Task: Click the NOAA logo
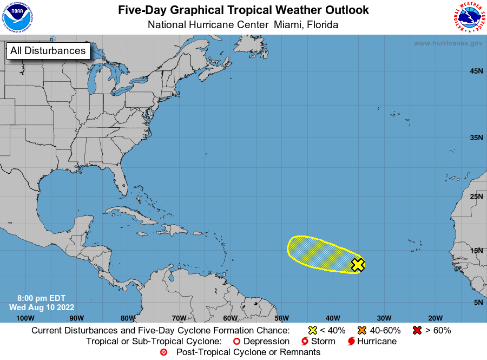click(17, 17)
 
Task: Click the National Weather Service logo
click(468, 17)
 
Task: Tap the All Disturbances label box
click(48, 51)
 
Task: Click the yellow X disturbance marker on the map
click(358, 265)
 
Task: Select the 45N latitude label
click(476, 71)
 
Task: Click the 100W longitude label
click(25, 318)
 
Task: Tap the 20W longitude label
click(435, 318)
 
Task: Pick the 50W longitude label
click(281, 318)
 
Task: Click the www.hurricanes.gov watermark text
click(448, 43)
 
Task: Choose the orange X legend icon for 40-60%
click(362, 330)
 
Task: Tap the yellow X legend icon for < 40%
click(312, 330)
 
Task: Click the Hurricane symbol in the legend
click(352, 342)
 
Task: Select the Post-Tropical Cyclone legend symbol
click(163, 352)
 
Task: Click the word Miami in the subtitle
click(288, 25)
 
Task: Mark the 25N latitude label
click(476, 196)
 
